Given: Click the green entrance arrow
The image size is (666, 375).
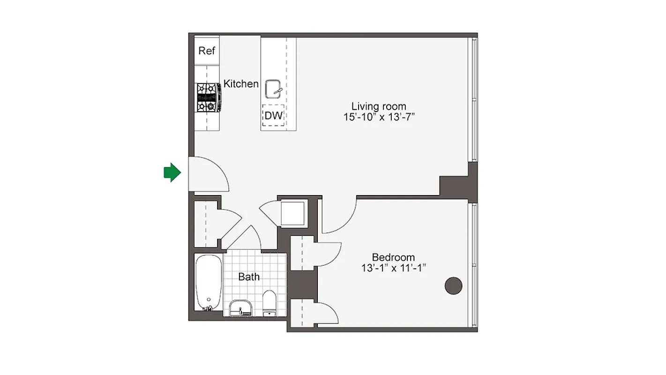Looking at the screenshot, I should pos(172,172).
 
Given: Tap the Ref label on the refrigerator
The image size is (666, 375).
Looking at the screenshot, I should pos(207,51).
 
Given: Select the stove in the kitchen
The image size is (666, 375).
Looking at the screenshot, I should pos(208,97).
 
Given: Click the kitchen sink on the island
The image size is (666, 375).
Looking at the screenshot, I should pos(274,89).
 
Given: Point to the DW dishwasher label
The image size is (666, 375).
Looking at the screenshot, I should pos(274,116).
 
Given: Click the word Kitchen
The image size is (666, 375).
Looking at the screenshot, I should pos(241,84).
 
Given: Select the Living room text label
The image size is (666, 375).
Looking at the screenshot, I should pos(379,106).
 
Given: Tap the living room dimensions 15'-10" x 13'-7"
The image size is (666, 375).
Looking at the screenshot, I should pos(379,117).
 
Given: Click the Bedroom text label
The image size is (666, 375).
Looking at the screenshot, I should pos(393,257).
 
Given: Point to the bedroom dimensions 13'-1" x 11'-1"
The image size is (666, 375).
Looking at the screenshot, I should pos(393,268).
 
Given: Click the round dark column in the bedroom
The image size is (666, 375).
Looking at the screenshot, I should pos(453,285).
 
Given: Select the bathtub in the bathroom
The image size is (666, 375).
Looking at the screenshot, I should pos(208,282).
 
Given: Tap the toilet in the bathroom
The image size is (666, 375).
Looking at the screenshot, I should pos(269,303).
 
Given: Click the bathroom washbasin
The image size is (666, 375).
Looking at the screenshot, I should pos(241,308).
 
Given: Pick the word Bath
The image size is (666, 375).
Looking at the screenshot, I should pos(249,277).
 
